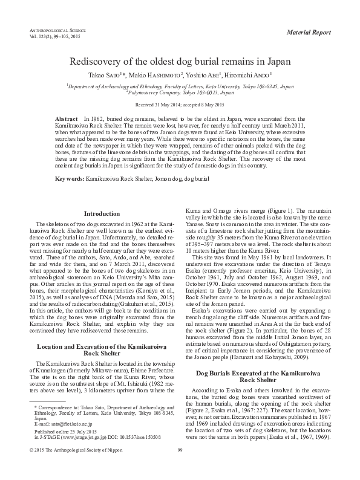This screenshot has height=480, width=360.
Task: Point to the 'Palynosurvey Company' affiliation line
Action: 180,92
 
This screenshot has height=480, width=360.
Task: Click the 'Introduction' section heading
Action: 102,214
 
